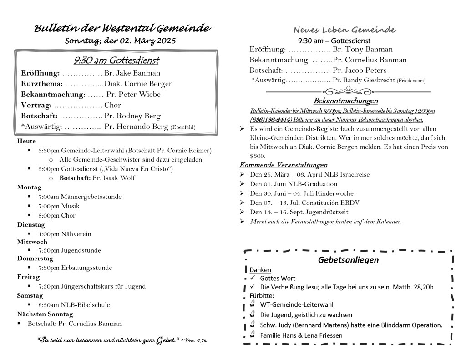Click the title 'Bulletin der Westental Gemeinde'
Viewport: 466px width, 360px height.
pyautogui.click(x=122, y=29)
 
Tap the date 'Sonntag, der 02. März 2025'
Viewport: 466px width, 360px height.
pyautogui.click(x=120, y=41)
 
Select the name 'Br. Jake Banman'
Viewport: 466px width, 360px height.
pyautogui.click(x=132, y=73)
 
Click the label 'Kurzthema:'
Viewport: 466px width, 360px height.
pyautogui.click(x=42, y=84)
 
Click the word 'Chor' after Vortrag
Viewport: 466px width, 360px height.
pyautogui.click(x=113, y=105)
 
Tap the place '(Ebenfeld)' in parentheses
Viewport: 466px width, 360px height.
pyautogui.click(x=183, y=127)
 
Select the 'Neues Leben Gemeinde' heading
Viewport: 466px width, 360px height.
pyautogui.click(x=344, y=30)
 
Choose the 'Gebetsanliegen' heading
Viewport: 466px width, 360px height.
pyautogui.click(x=348, y=260)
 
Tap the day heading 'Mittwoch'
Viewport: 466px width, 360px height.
pyautogui.click(x=32, y=242)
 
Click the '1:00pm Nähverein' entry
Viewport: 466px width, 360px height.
pyautogui.click(x=65, y=234)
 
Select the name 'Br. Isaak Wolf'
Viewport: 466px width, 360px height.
pyautogui.click(x=114, y=178)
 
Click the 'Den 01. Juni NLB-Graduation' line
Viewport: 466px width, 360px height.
pyautogui.click(x=294, y=184)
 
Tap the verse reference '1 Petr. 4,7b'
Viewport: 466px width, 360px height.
pyautogui.click(x=200, y=340)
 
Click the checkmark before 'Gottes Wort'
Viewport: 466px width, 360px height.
pyautogui.click(x=252, y=278)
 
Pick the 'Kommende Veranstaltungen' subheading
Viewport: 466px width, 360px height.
pyautogui.click(x=283, y=165)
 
